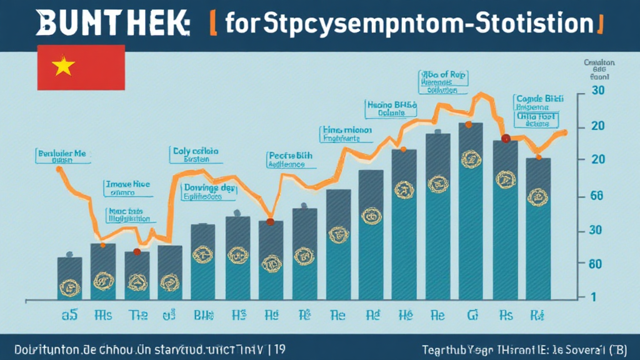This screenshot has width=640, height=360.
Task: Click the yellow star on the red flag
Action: click(63, 67)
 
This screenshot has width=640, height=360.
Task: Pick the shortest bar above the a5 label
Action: click(69, 276)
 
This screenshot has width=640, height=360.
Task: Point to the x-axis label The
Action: click(136, 315)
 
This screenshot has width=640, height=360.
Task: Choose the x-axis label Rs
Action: click(505, 315)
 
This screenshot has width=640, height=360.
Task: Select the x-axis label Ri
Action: click(537, 315)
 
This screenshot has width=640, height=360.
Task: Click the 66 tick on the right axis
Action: click(596, 196)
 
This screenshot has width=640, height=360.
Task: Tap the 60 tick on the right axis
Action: click(596, 264)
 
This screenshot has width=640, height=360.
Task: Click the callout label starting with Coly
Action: click(195, 154)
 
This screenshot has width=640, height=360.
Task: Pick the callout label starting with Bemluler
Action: click(61, 156)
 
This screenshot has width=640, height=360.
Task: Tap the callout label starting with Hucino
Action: click(391, 109)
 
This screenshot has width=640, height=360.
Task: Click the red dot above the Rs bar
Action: click(506, 139)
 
